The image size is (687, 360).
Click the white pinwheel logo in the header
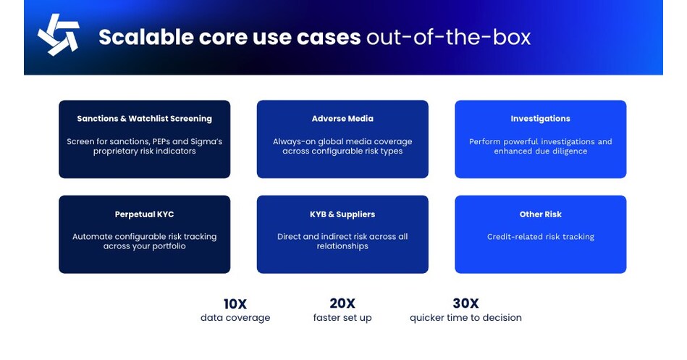[x=58, y=35]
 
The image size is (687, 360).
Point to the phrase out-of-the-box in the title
[x=448, y=37]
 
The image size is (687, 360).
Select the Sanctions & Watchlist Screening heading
[x=144, y=119]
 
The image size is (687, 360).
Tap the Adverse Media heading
[x=342, y=119]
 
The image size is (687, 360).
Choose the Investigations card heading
[x=540, y=119]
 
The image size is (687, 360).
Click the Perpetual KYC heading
[x=144, y=214]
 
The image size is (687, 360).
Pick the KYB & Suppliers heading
[x=342, y=214]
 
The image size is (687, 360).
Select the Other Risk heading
[x=540, y=214]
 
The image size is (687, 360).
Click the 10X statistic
[x=235, y=304]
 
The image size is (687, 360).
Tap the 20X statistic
[x=342, y=304]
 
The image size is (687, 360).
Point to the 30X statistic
[x=465, y=304]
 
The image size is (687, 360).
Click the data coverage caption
[x=235, y=318]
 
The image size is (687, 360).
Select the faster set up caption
[x=342, y=318]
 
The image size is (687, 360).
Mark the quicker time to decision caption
[x=465, y=318]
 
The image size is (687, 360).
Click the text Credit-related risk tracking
[x=540, y=237]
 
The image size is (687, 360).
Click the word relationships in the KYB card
[x=342, y=246]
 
